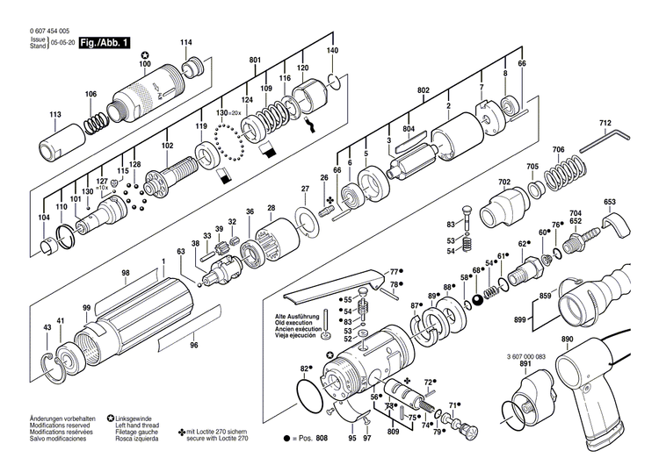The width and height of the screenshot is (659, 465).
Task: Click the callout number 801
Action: point(256,61)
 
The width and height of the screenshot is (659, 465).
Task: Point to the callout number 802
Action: point(424,90)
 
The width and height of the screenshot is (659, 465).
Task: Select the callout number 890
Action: point(567,339)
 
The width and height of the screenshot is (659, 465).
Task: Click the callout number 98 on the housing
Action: point(126,274)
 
